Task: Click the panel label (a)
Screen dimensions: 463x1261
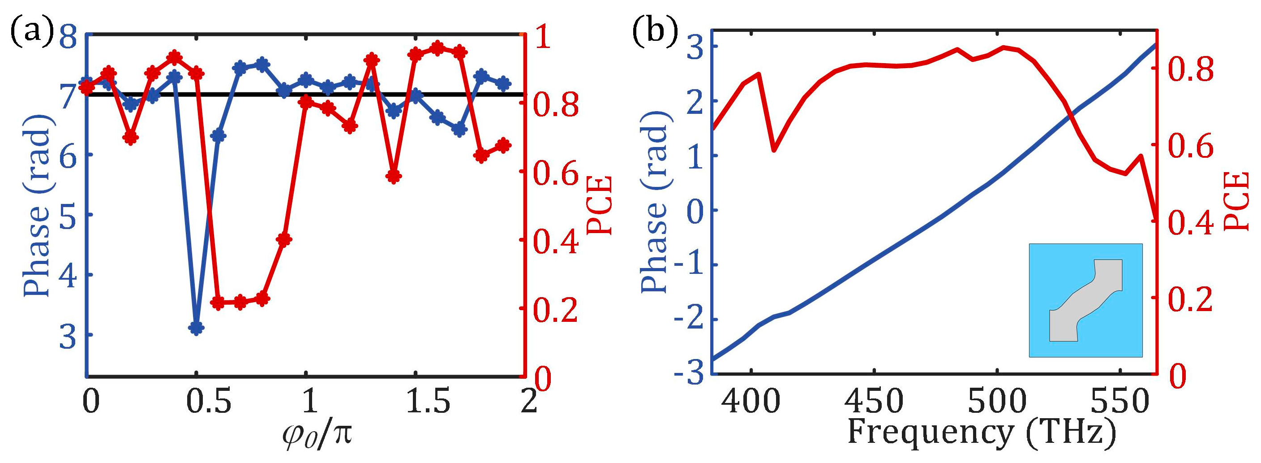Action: pos(30,33)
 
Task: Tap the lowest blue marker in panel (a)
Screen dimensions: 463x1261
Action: pos(196,328)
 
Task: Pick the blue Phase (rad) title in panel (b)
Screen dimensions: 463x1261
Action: pos(655,206)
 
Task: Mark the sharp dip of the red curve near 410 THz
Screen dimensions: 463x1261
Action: pos(774,150)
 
